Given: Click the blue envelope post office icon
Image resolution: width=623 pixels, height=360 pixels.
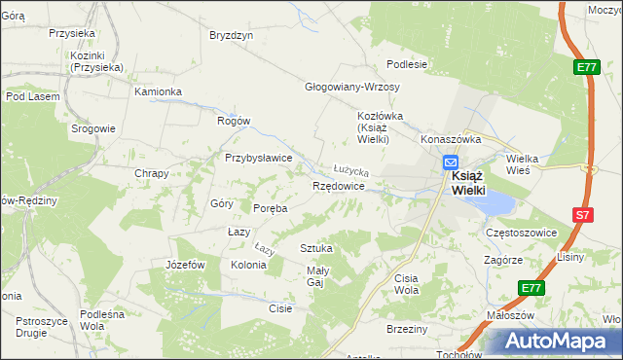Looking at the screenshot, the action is (451, 163).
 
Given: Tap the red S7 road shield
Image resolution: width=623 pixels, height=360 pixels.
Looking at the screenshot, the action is (581, 215).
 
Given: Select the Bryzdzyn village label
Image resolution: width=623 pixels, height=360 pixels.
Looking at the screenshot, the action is (231, 35).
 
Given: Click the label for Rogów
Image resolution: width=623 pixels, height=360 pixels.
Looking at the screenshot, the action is (234, 121).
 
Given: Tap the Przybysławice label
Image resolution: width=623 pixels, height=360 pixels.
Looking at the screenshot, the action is (259, 158).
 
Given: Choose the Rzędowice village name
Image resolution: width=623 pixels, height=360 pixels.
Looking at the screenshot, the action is (338, 185).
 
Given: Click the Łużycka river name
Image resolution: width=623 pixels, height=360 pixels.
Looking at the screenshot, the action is (350, 169).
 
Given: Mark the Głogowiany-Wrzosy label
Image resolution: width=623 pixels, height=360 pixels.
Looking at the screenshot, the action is (352, 87).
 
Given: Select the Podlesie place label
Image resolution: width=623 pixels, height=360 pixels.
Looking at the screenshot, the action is (407, 65).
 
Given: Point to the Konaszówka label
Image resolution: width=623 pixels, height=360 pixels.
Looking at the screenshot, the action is (452, 139).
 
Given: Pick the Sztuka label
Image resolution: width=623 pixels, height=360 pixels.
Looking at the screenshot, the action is (316, 248).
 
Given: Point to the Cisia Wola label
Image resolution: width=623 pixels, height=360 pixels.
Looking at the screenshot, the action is (406, 284).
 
